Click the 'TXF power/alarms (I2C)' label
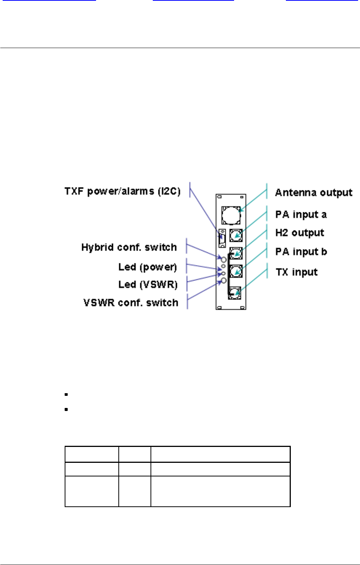click(x=122, y=191)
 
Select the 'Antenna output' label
click(x=313, y=193)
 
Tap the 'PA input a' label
click(x=301, y=215)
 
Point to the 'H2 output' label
click(x=299, y=233)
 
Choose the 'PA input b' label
click(x=301, y=252)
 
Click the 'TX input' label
click(x=296, y=272)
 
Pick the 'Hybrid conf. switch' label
click(x=129, y=247)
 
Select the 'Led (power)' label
click(x=147, y=267)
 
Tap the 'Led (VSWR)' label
click(x=148, y=285)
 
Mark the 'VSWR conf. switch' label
click(x=131, y=303)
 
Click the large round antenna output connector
click(x=231, y=215)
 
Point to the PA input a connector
click(x=236, y=235)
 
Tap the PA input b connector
click(x=236, y=271)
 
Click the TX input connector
click(x=234, y=293)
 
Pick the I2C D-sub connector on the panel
click(x=222, y=238)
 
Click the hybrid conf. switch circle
click(x=223, y=260)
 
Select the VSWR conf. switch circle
click(x=223, y=280)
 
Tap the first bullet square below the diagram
click(x=66, y=394)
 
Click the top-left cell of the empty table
click(x=92, y=454)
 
